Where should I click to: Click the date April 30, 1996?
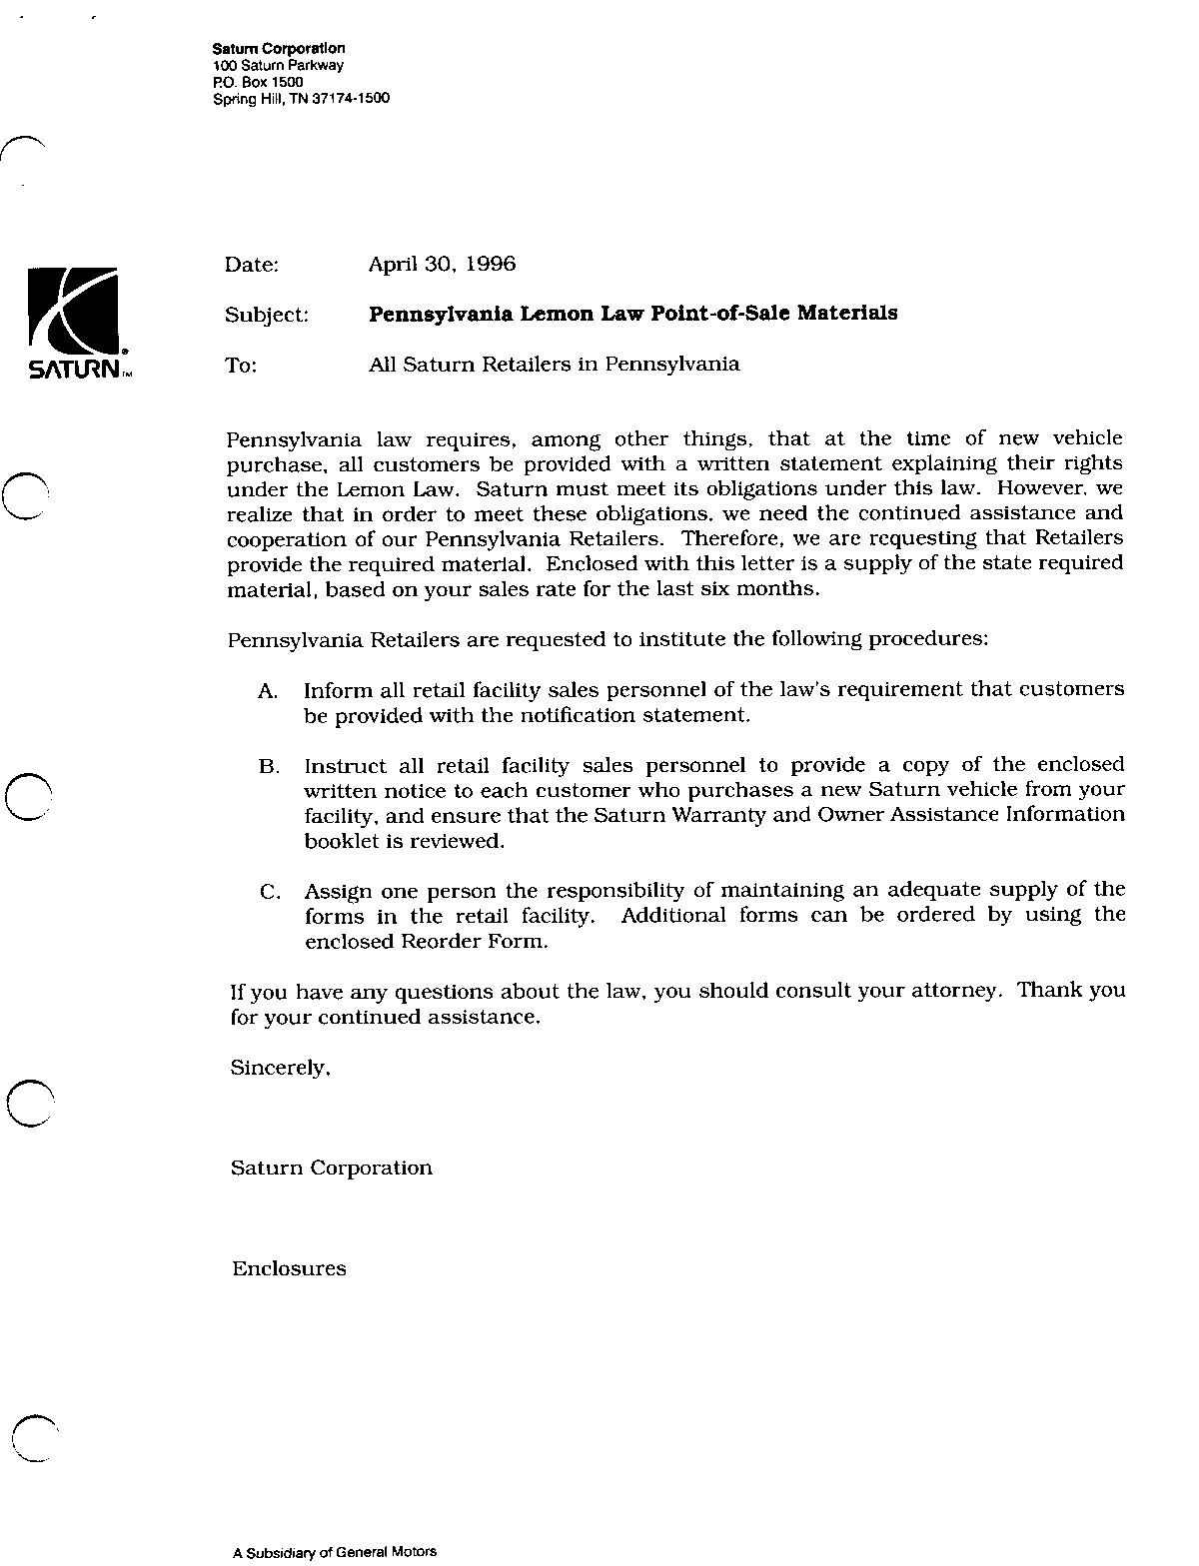point(442,265)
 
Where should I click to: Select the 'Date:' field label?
point(252,265)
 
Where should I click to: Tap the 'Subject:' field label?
point(267,315)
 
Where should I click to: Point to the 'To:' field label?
point(242,366)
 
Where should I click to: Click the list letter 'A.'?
point(267,691)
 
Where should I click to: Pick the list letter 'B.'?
point(268,767)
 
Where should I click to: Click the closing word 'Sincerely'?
point(279,1068)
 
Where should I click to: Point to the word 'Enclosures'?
point(289,1269)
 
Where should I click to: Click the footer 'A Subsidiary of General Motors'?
point(335,1552)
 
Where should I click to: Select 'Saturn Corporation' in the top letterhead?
point(280,48)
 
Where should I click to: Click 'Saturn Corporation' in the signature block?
point(332,1168)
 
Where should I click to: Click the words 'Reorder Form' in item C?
point(473,941)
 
